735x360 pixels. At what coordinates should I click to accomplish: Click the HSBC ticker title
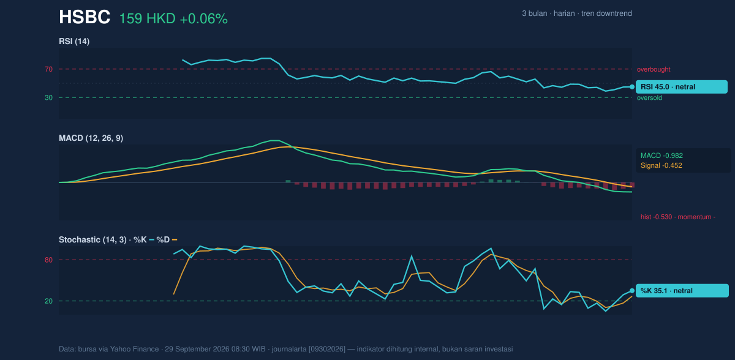(x=85, y=17)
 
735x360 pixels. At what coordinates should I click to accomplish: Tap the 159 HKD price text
(x=147, y=19)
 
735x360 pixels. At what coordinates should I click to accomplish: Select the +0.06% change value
(x=203, y=19)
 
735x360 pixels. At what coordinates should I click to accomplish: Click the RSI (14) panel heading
(x=74, y=41)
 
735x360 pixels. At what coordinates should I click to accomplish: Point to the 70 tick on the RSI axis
(x=48, y=69)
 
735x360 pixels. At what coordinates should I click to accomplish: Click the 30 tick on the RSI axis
(x=48, y=98)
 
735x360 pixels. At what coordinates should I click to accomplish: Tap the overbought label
(x=654, y=70)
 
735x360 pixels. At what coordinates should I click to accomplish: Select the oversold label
(x=649, y=98)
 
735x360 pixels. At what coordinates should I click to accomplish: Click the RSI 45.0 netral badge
(x=682, y=87)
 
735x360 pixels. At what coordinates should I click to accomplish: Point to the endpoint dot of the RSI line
(x=632, y=87)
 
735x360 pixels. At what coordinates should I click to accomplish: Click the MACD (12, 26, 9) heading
(x=91, y=138)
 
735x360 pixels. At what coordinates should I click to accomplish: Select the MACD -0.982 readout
(x=661, y=156)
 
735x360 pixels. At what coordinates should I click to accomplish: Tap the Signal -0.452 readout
(x=661, y=165)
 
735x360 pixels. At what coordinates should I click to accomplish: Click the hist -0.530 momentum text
(x=678, y=217)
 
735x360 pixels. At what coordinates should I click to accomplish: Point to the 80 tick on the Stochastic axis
(x=48, y=260)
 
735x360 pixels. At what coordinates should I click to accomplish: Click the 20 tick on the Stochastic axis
(x=48, y=301)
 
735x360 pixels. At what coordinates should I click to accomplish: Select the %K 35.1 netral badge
(x=682, y=291)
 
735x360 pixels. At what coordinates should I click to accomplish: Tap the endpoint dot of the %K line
(x=632, y=291)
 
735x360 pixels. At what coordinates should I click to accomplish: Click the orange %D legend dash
(x=175, y=240)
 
